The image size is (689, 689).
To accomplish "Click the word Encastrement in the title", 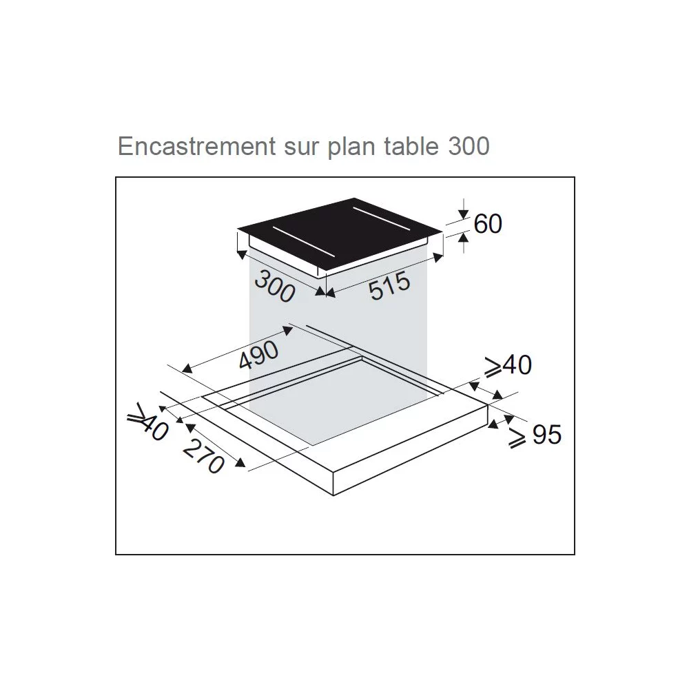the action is coord(197,146).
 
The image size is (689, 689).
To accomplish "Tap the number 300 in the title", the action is coord(469,146).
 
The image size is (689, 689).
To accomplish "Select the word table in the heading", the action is coord(411,146).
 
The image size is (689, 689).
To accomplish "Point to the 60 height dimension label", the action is coord(488,224).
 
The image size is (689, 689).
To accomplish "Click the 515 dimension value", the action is coord(390,286).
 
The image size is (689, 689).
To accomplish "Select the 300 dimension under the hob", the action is coord(275,287).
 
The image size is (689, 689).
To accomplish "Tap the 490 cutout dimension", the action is coord(259,354).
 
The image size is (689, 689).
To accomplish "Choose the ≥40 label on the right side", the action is coord(508,365).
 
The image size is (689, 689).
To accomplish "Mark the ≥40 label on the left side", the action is coord(147,421).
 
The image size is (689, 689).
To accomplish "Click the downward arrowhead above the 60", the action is coord(464,214).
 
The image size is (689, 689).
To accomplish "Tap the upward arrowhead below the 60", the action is coord(464,237).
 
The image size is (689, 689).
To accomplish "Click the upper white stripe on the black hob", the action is coord(382,218).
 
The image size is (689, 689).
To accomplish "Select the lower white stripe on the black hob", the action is coord(303,243).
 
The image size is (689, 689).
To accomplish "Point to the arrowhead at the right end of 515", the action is coord(438,258).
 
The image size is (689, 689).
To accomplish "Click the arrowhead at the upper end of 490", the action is coord(287,329).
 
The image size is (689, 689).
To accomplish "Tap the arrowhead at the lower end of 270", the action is coord(240,462).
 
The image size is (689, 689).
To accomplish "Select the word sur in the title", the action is coord(302,147).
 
